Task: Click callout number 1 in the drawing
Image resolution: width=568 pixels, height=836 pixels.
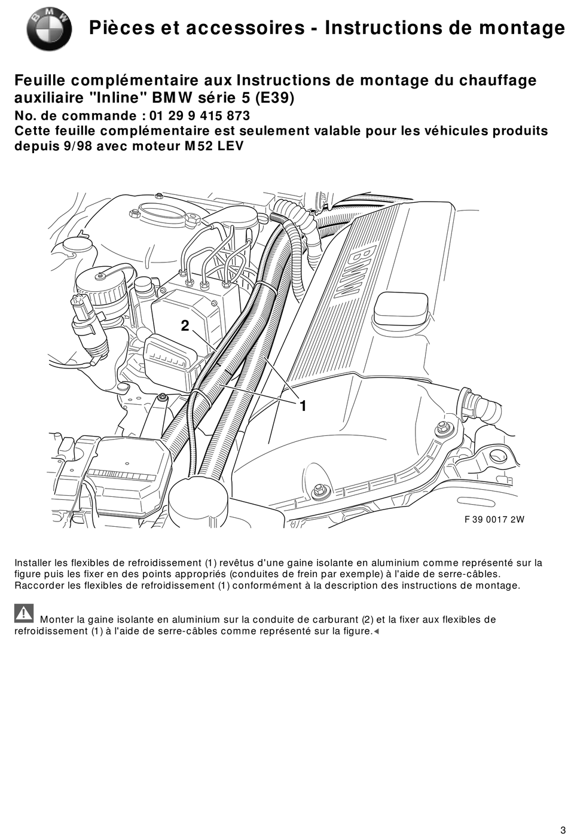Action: point(303,406)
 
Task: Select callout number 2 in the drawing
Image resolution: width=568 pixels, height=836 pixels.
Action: point(185,326)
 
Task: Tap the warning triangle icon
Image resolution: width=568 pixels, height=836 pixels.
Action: point(24,614)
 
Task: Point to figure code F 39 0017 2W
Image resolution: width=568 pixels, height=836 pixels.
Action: point(494,519)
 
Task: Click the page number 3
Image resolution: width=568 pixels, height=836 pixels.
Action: point(562,828)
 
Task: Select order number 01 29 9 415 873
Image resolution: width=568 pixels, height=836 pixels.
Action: point(200,115)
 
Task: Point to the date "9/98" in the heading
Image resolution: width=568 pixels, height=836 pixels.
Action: point(77,146)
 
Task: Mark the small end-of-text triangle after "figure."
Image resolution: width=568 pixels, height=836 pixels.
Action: point(376,631)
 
